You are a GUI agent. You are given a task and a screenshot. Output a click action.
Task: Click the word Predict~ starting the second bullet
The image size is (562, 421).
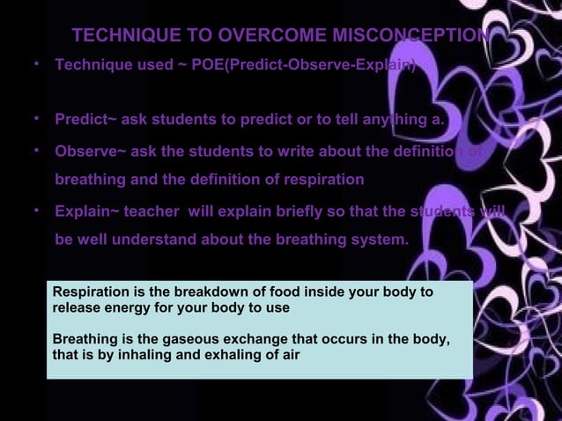point(85,119)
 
